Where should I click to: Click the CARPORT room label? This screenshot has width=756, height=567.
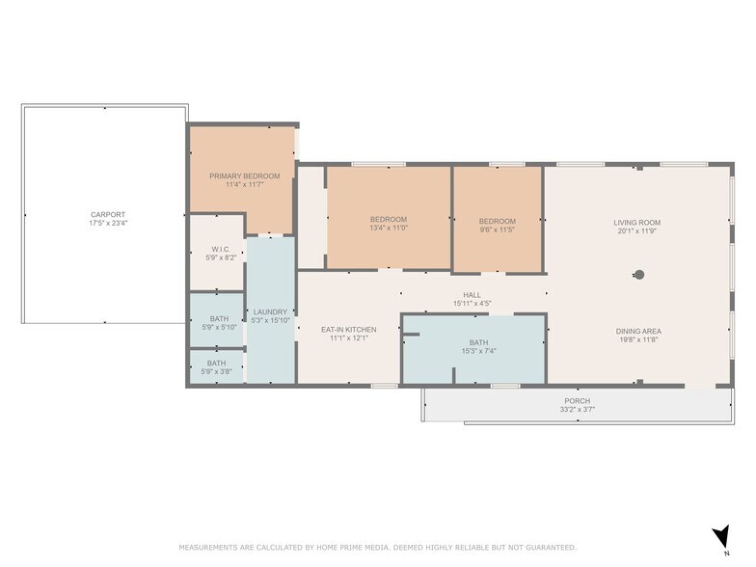pos(108,214)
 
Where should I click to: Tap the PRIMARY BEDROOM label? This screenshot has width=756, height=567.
pos(245,175)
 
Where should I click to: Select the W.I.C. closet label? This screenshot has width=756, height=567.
pos(221,249)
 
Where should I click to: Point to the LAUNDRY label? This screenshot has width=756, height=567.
pos(270,312)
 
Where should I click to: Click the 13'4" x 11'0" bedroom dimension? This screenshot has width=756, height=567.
pos(389,228)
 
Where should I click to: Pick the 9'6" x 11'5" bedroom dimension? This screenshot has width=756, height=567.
pos(498,229)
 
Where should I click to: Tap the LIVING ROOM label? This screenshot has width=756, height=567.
pos(636,222)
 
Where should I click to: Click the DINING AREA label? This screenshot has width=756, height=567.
pos(638,332)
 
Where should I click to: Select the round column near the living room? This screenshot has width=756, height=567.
pos(639,275)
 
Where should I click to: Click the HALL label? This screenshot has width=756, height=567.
pos(472,295)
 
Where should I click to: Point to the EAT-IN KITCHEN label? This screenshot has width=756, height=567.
pos(349,330)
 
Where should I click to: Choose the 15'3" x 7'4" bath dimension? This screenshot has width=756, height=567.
pos(478,351)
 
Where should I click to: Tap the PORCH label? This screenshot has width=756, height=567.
pos(577,401)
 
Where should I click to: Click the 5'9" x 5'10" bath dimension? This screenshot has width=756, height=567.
pos(220,328)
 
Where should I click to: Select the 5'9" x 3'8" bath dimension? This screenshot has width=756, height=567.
pos(216,372)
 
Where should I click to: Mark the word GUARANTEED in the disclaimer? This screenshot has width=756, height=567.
pos(550,548)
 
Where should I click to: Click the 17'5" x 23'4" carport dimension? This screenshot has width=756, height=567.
pos(108,224)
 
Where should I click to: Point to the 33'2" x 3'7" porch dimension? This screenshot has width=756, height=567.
pos(577,410)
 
